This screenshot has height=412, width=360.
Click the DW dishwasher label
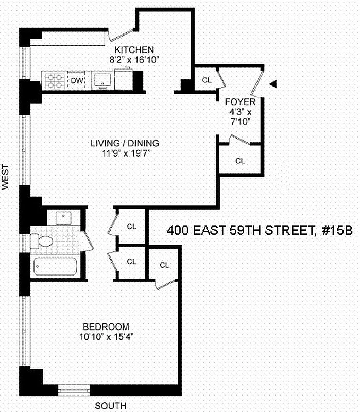(77, 80)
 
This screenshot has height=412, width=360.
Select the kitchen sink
(102, 80)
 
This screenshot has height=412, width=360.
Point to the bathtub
(56, 267)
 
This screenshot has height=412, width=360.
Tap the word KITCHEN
(134, 50)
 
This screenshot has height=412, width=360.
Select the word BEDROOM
(106, 327)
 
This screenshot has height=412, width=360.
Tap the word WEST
(6, 178)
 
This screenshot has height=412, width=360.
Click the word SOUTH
(110, 405)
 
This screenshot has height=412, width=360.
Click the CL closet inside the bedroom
(164, 265)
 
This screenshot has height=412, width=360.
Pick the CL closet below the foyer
(240, 161)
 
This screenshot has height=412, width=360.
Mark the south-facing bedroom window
(74, 390)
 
